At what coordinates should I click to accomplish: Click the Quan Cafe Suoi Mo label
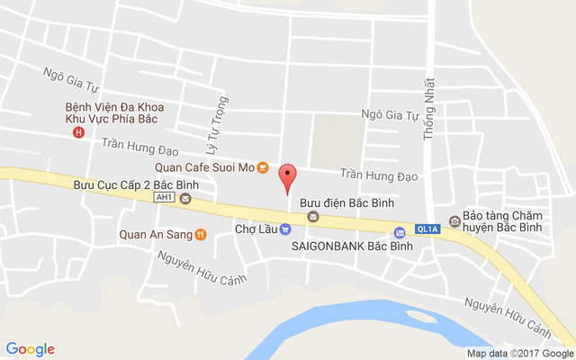203,166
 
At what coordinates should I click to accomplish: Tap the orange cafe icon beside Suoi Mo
262,166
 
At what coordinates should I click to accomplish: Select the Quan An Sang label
156,235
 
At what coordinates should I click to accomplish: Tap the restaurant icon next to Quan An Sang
200,235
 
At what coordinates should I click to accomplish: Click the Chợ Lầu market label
256,229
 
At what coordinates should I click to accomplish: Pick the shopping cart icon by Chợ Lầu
284,229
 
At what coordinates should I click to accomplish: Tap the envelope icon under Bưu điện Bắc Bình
313,216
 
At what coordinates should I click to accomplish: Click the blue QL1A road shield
427,229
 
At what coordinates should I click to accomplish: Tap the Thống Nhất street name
429,107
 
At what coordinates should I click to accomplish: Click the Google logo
30,349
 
